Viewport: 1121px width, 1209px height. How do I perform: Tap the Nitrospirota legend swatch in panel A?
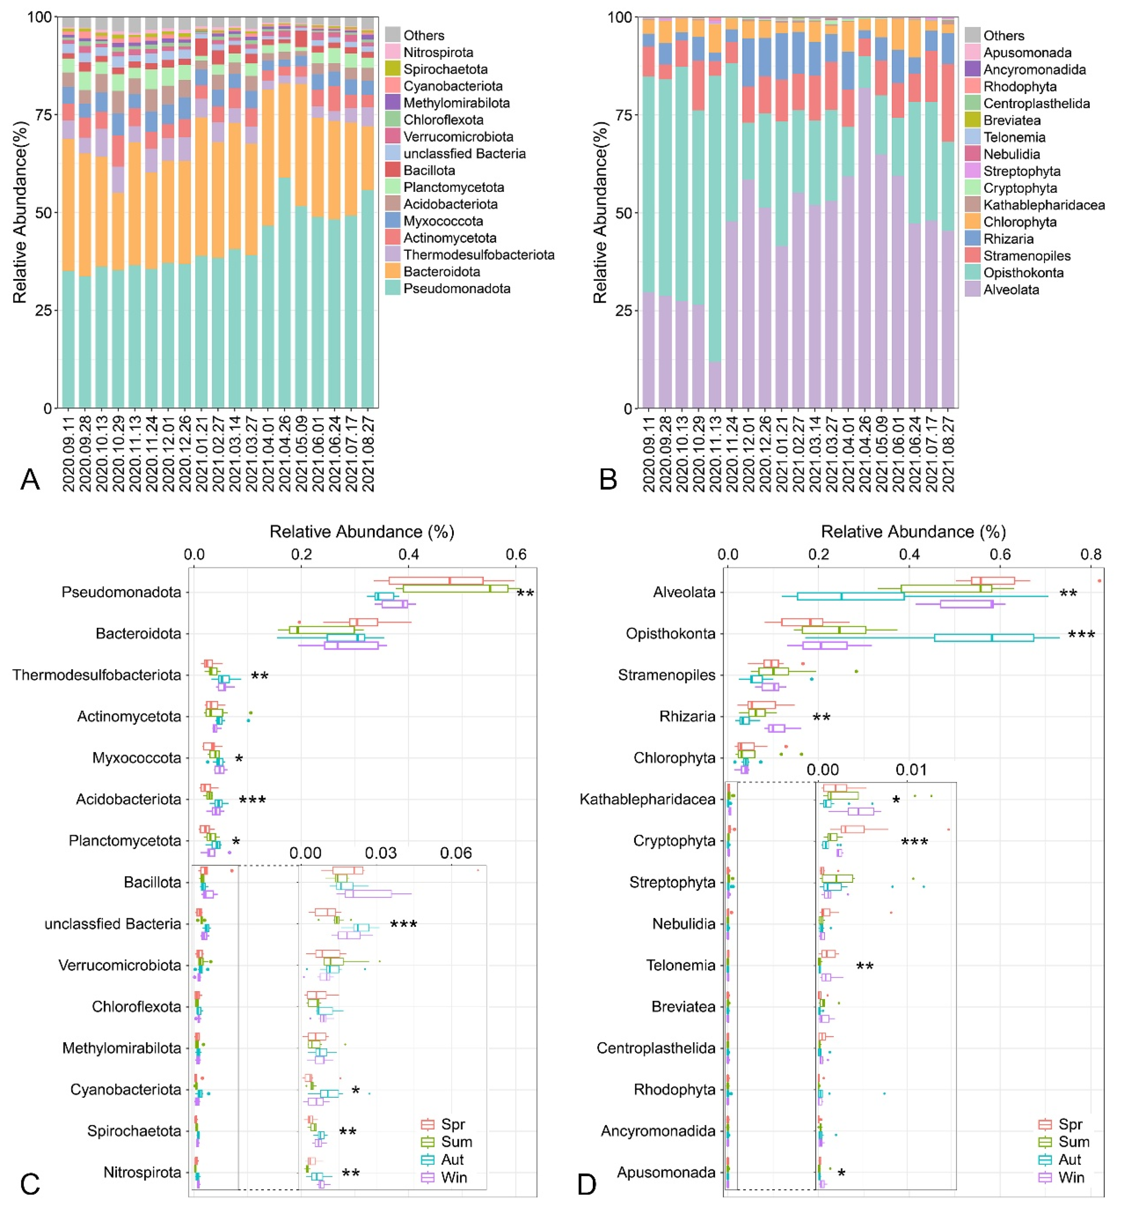coord(392,52)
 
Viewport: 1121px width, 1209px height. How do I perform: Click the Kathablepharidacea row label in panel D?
coord(647,799)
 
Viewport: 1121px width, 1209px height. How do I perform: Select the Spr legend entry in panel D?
coord(1070,1124)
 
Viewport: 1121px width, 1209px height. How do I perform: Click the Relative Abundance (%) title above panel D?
coord(913,532)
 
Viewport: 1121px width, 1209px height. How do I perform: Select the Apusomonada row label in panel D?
coord(666,1172)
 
